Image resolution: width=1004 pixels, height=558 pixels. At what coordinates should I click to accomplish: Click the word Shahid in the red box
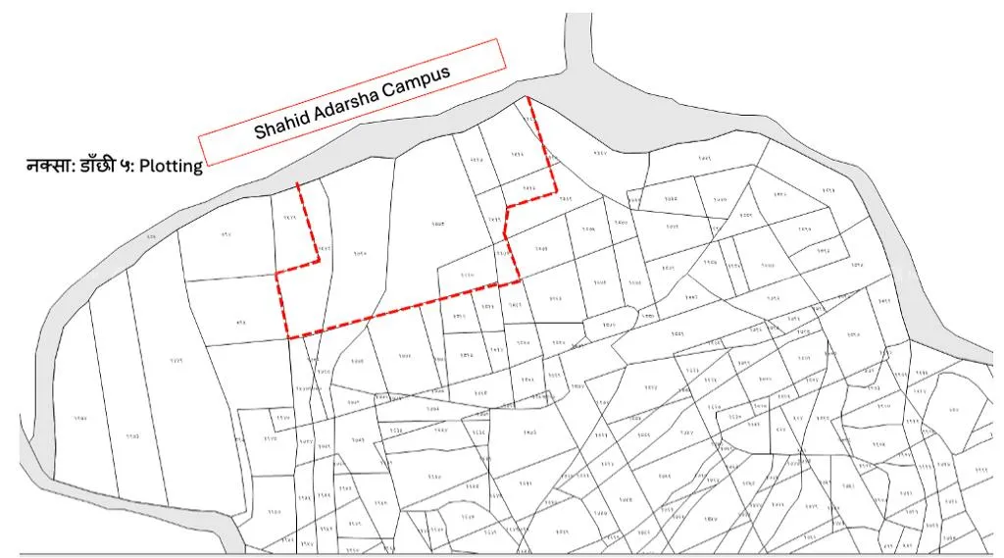pos(281,124)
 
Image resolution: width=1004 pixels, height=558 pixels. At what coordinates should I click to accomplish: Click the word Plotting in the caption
pos(171,166)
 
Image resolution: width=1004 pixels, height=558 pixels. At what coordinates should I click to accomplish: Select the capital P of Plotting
pos(144,166)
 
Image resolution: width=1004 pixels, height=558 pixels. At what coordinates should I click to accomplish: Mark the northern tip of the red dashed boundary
pos(528,97)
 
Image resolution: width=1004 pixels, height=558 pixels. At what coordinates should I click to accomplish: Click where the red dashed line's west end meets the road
pos(298,182)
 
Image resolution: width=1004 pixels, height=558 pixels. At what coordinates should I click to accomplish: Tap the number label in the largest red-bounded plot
pos(438,226)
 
